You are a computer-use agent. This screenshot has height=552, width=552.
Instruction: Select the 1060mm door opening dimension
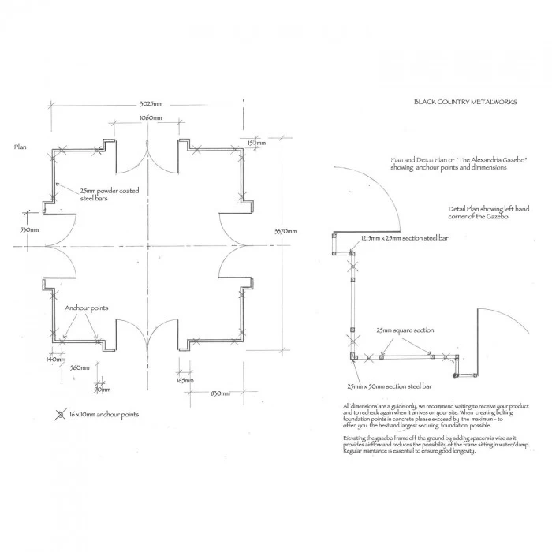(151, 117)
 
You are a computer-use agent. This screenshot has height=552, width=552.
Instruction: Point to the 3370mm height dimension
(285, 231)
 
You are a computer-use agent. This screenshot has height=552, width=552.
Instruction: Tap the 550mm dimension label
(29, 230)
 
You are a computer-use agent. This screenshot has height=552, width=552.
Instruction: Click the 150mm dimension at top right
(255, 143)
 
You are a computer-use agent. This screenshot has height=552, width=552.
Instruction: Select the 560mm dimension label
(79, 368)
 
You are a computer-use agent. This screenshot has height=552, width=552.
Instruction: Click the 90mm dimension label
(103, 390)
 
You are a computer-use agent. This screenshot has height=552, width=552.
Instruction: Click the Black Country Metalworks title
(465, 102)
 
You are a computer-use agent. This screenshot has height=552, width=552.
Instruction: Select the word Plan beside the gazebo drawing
(21, 147)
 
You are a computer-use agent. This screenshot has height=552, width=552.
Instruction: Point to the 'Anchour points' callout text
(87, 308)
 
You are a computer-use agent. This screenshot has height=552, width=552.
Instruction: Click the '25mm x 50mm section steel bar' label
(389, 386)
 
